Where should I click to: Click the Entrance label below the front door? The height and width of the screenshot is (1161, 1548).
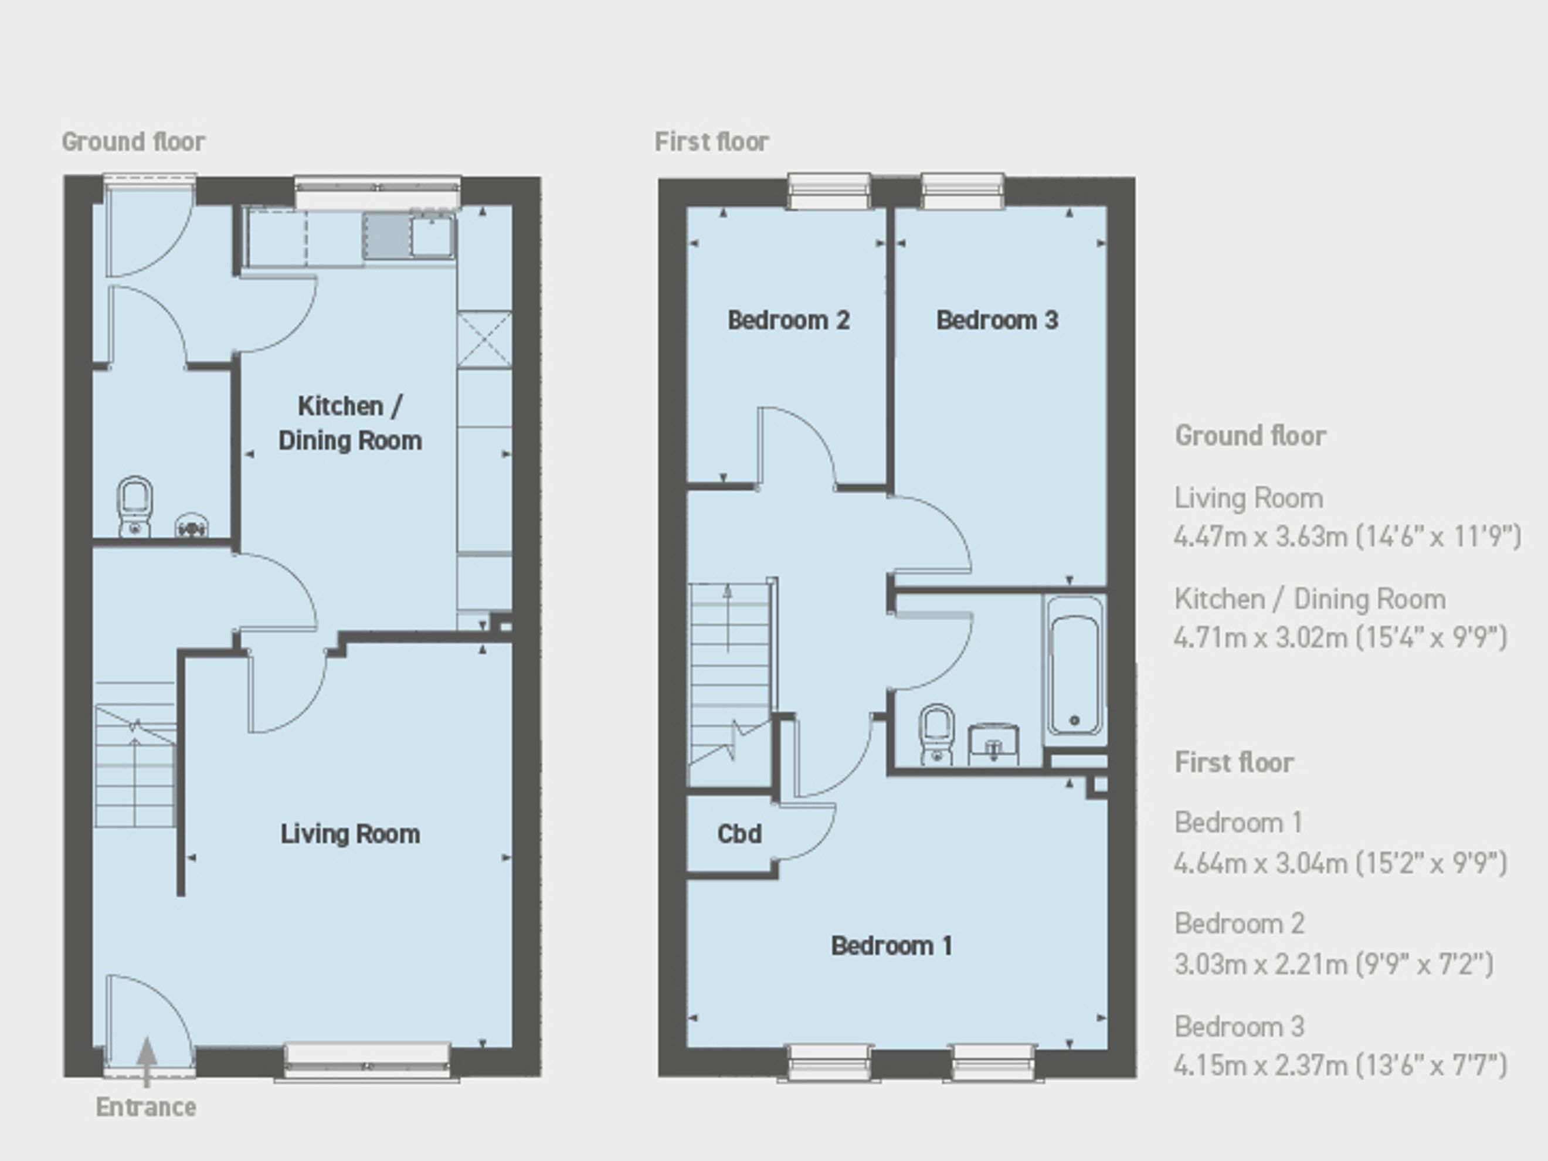click(x=145, y=1107)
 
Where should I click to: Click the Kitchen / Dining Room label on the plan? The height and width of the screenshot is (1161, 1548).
click(x=350, y=423)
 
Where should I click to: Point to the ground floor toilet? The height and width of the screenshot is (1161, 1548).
click(x=135, y=506)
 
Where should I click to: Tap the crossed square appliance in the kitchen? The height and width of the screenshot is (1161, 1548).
click(x=484, y=340)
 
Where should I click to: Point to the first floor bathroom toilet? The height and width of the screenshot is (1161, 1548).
click(x=936, y=734)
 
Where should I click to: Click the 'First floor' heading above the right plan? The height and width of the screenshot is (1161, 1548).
click(x=712, y=141)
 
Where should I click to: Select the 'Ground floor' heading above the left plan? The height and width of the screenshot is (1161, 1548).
click(x=133, y=141)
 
